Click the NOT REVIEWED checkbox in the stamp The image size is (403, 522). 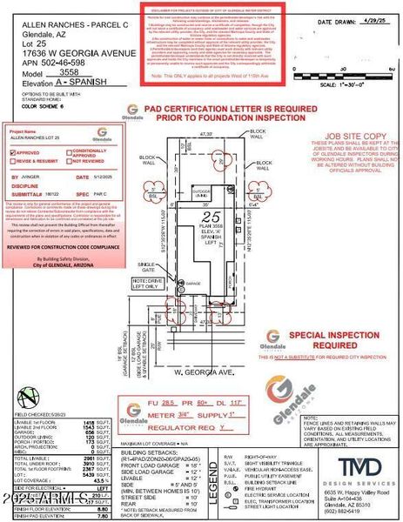pos(66,161)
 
